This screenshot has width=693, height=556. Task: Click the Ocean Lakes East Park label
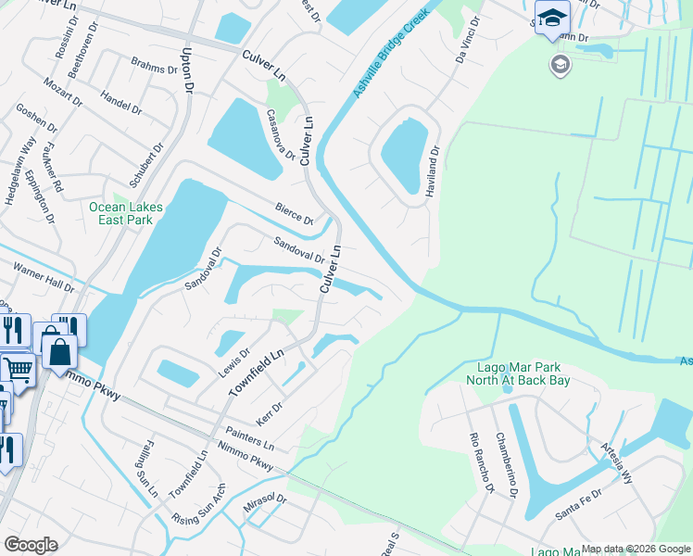coord(120,213)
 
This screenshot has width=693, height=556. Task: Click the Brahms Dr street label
coord(153,69)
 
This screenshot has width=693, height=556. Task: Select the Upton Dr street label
coord(188,69)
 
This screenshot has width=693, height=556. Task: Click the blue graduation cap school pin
coord(552,19)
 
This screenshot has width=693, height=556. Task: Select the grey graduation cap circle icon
coord(560,64)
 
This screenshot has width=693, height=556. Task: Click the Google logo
coord(31,545)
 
